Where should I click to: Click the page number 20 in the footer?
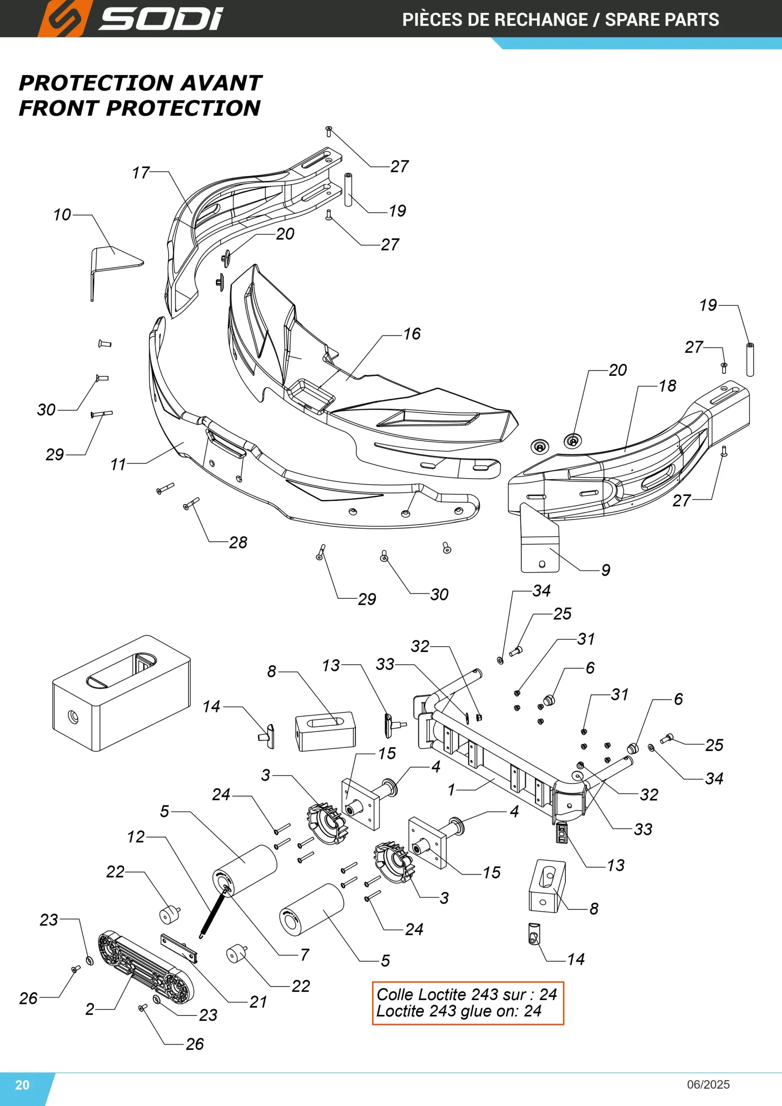coord(22,1084)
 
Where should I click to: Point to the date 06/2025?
coord(708,1084)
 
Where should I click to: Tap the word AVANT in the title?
coord(222,83)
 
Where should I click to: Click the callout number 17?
coord(141,172)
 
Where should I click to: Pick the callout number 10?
coord(62,214)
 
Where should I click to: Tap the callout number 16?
coord(412,334)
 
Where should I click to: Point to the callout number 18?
coord(668,385)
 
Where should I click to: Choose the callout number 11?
coord(118,464)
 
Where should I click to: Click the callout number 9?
coord(606,570)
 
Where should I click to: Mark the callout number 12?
coord(136,837)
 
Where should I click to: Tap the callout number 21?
coord(258,1002)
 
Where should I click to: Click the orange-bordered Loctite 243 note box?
coord(468,1003)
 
